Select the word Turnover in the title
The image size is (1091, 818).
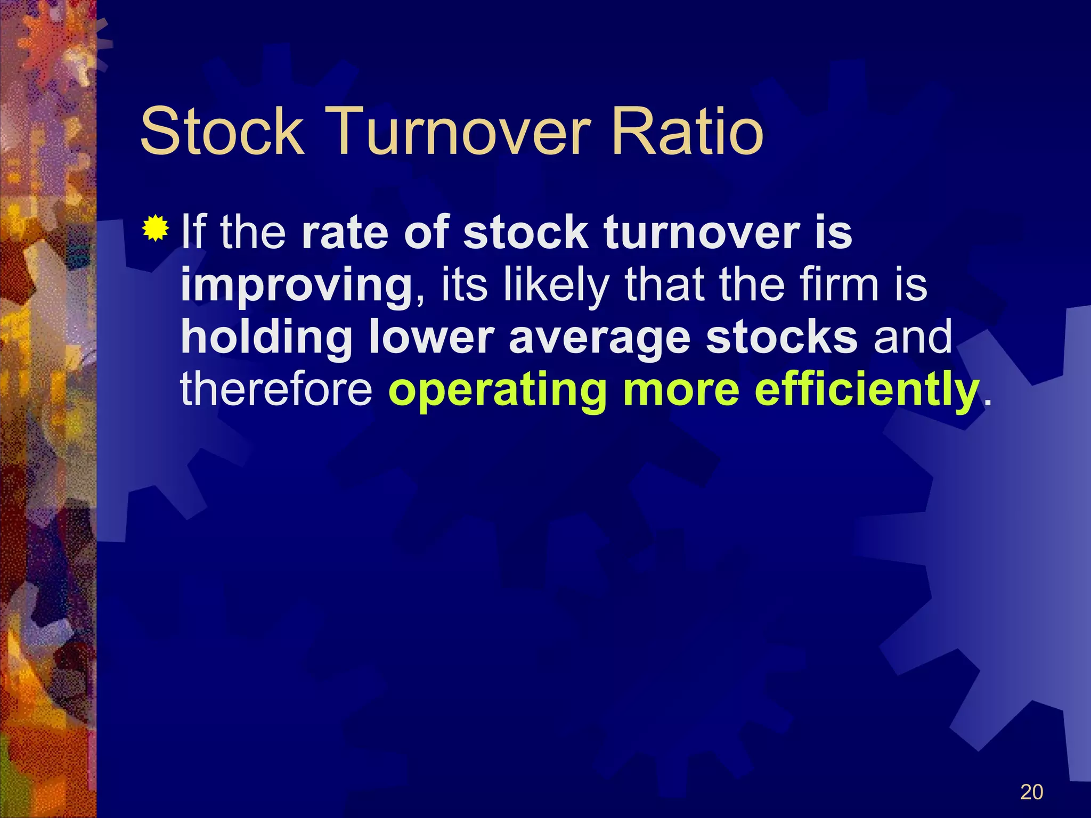(461, 132)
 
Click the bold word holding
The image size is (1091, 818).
(267, 338)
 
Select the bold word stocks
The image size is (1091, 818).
(781, 337)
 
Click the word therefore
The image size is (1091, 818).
(276, 389)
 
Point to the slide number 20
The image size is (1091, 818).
(1031, 792)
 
